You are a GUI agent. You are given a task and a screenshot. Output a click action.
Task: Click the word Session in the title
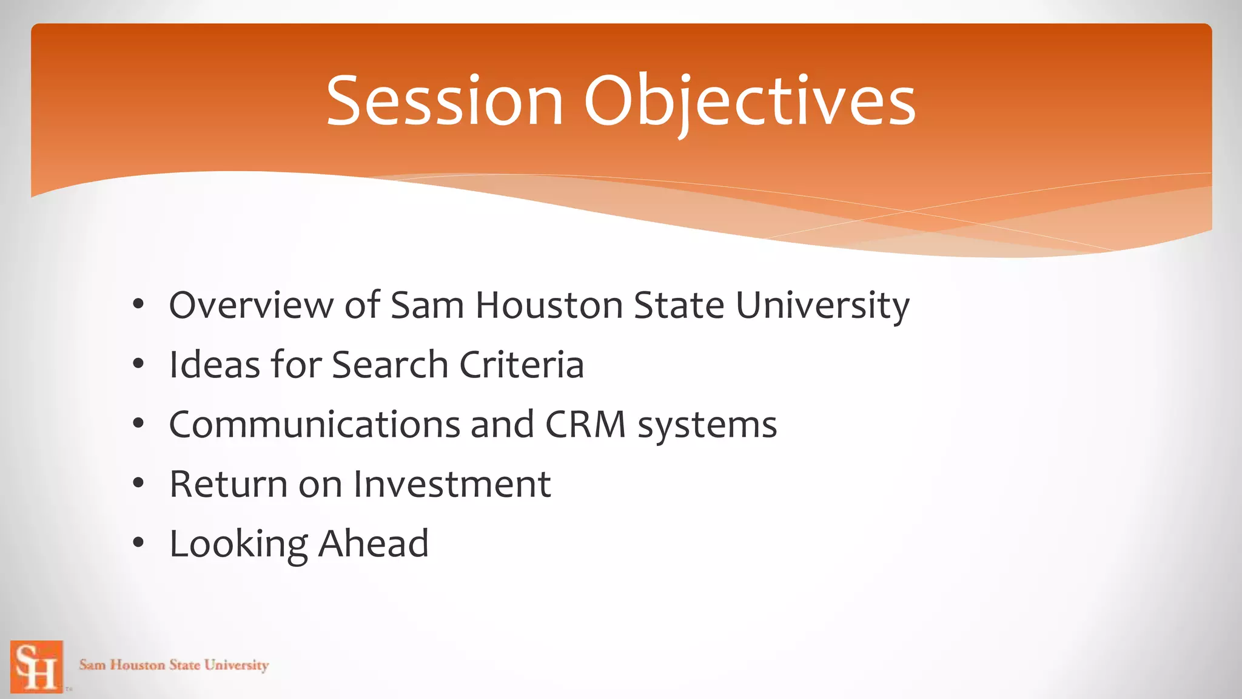coord(445,101)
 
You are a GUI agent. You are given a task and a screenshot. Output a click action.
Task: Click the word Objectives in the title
coord(750,101)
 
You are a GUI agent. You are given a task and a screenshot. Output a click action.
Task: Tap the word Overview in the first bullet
coord(251,305)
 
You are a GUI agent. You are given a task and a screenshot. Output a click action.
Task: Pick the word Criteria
coord(522,365)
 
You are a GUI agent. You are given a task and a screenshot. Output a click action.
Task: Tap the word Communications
coord(314,424)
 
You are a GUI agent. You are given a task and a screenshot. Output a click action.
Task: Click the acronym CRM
coord(585,424)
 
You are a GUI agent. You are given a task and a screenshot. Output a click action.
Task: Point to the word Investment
coord(452,484)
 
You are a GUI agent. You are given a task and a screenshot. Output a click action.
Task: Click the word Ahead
coord(374,543)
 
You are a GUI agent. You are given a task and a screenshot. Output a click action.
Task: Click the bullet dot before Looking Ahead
coord(138,543)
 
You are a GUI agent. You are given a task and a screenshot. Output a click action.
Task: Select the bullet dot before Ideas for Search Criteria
coord(138,365)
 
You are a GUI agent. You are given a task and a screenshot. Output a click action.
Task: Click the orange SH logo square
coord(36,666)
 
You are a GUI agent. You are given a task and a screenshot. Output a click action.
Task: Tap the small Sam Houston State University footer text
coord(174,665)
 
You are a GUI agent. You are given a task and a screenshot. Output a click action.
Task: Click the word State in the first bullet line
coord(679,305)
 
